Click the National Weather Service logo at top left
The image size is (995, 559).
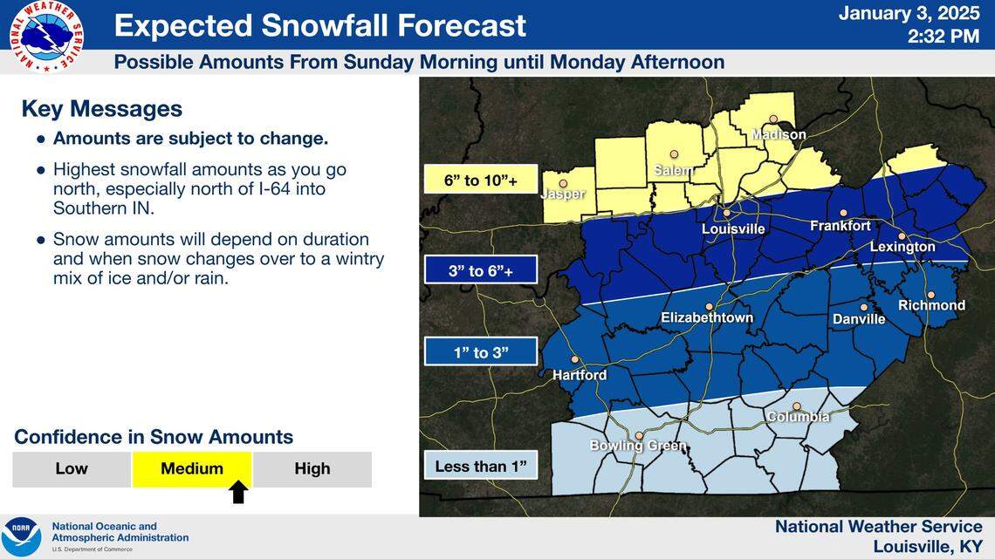point(47,35)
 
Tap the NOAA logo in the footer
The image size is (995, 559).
point(21,536)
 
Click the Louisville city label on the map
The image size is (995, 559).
point(733,228)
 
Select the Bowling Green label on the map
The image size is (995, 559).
point(638,447)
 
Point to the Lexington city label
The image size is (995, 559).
point(902,247)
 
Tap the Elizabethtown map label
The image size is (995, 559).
point(707,317)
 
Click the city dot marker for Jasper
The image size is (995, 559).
point(563,184)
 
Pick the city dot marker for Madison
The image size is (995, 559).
point(772,119)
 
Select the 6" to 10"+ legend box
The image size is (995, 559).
point(481,181)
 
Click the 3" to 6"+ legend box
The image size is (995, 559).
point(481,271)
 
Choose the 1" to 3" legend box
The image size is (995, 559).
point(481,352)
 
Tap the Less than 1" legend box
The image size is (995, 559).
point(481,467)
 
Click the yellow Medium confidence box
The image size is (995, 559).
point(192,468)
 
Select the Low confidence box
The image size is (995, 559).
point(72,468)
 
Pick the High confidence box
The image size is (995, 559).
point(312,468)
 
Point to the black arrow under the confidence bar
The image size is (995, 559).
point(239,493)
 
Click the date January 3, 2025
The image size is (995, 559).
point(910,14)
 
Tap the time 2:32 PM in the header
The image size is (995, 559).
point(944,37)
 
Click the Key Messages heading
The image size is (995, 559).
point(101,109)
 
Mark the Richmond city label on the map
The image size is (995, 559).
point(931,305)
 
